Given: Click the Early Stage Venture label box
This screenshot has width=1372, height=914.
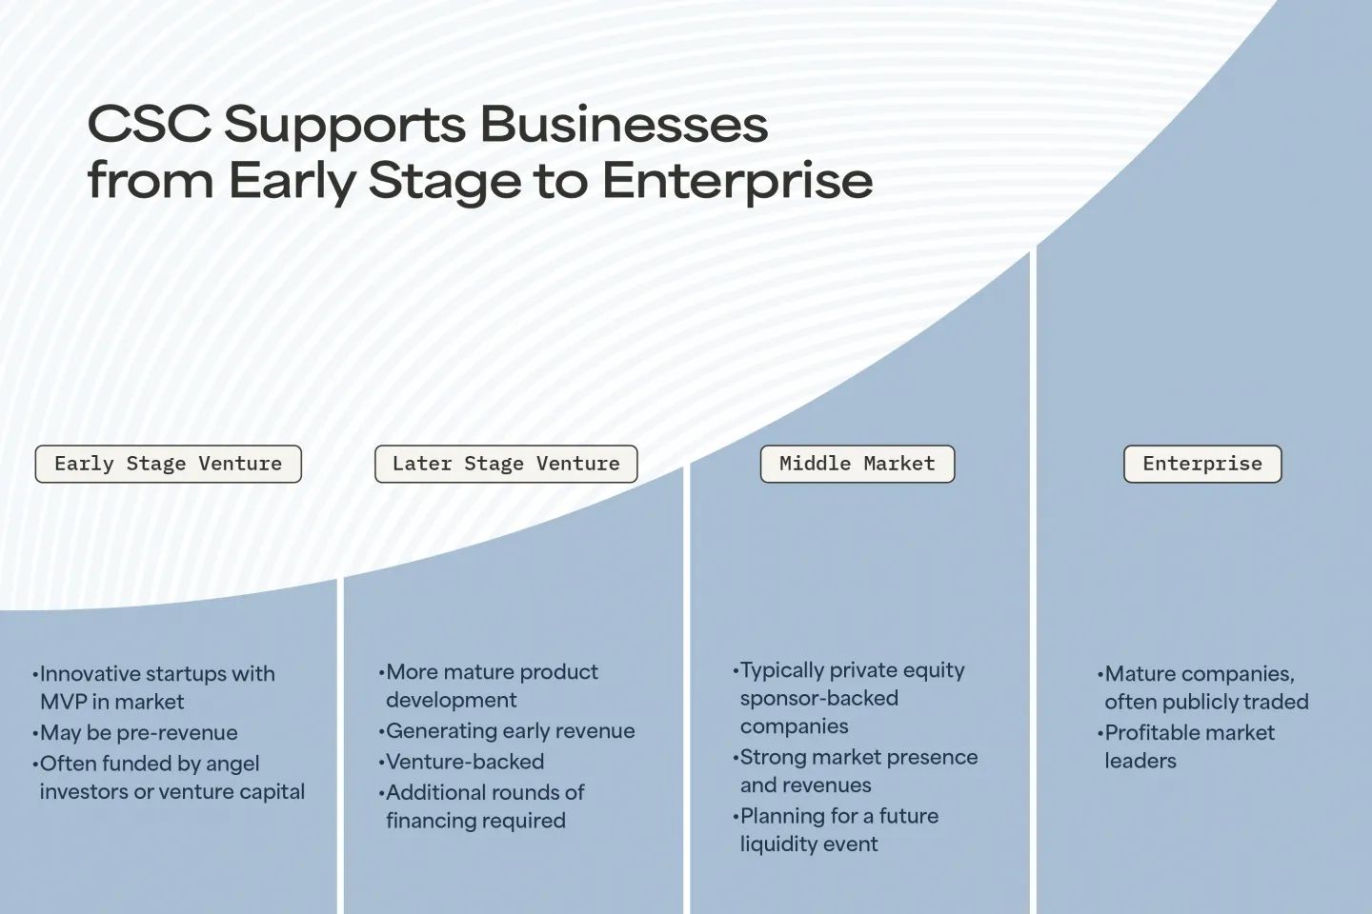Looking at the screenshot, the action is point(169,464).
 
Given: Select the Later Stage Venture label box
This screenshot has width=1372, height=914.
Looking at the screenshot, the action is point(506,464).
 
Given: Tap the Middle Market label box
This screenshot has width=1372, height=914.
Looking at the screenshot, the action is point(857,464).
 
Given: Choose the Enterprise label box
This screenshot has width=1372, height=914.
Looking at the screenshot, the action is point(1202,464).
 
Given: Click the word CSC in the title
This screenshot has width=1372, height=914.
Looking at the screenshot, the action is point(150,124).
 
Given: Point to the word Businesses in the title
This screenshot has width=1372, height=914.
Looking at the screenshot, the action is point(623,124).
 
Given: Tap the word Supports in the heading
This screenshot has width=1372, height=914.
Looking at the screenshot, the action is point(345,127).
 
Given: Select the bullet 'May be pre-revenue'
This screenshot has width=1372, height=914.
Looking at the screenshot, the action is point(135,733).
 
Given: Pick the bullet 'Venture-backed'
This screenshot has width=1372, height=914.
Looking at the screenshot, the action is point(461,762).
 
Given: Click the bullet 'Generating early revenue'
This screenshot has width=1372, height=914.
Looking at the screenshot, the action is point(507,731).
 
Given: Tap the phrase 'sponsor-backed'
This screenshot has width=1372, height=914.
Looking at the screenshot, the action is point(819,699).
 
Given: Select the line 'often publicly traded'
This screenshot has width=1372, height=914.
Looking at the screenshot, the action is point(1206,702).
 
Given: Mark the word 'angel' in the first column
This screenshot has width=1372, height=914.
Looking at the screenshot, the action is point(232,765).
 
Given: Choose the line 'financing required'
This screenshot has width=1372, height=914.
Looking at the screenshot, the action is point(476,821).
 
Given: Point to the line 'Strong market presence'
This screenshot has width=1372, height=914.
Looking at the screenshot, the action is point(858,757).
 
